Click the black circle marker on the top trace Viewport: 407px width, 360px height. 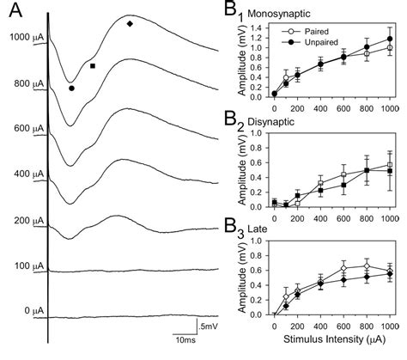72,87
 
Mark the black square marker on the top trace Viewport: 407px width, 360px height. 92,65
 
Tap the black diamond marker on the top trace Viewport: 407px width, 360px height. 130,24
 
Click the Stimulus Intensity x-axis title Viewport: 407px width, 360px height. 327,341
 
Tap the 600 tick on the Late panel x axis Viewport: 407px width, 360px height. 343,326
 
